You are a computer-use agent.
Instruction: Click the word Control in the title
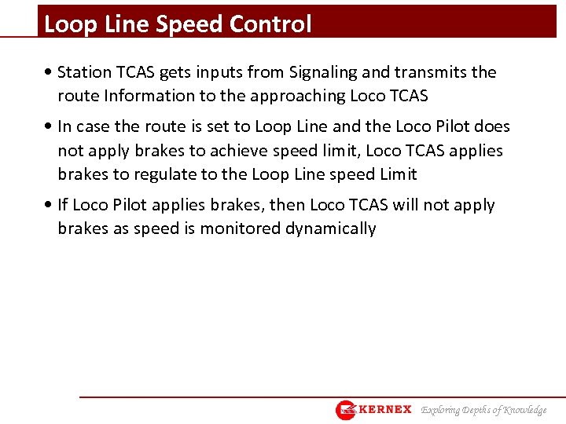[270, 24]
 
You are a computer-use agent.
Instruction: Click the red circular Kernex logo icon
[346, 410]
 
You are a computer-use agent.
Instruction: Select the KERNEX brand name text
[385, 410]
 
